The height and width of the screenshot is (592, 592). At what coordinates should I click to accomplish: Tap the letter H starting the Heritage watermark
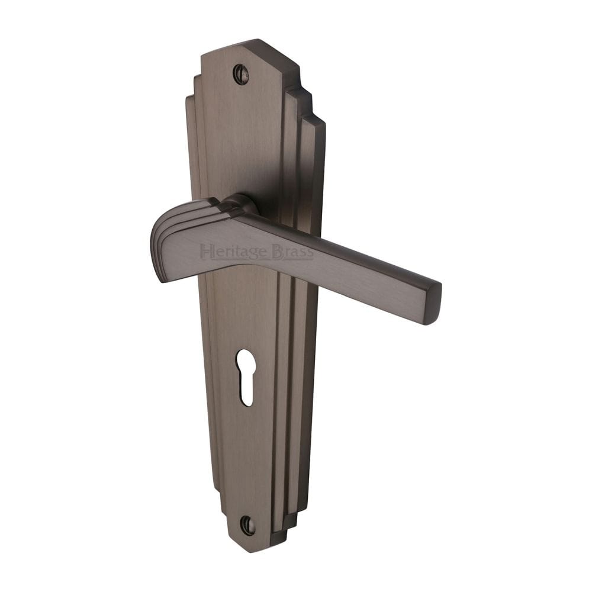point(205,252)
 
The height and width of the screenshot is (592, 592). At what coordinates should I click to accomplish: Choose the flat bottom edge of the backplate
point(249,549)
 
